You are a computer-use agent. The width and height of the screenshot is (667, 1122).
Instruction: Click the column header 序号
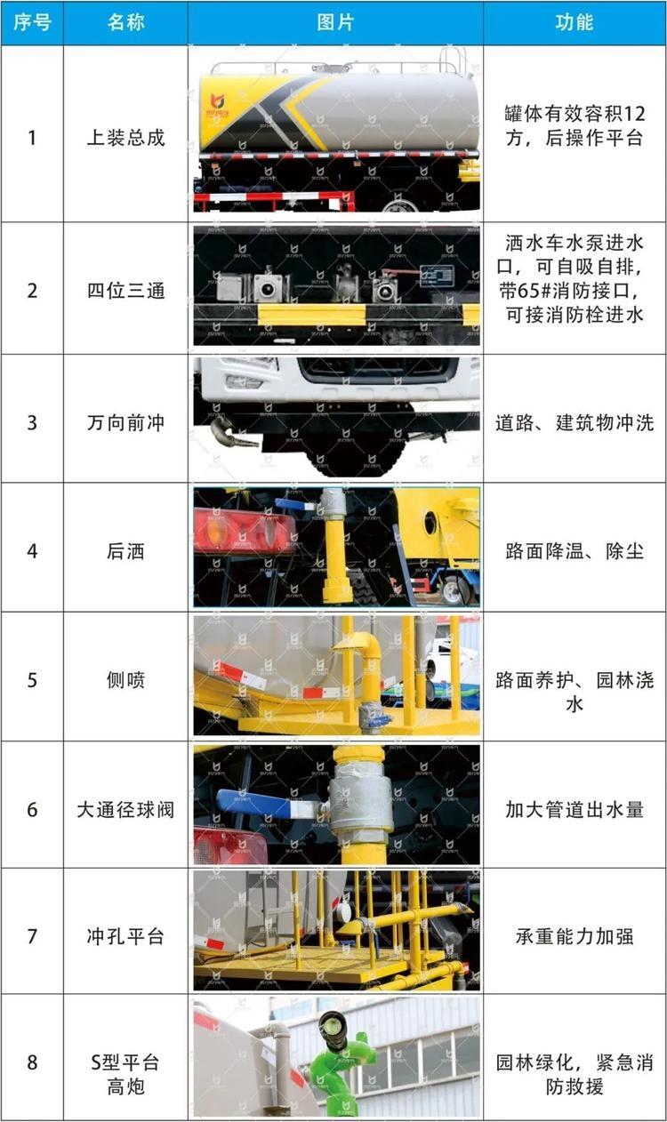tap(32, 22)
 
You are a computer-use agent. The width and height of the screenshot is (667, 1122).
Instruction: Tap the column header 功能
tap(575, 22)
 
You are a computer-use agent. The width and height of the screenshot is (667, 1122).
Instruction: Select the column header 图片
tap(336, 22)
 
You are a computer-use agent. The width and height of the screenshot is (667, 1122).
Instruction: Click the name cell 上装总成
tap(125, 138)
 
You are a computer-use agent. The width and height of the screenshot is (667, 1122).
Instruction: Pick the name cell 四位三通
tap(125, 291)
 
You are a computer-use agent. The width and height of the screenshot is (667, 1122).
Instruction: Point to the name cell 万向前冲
tap(125, 423)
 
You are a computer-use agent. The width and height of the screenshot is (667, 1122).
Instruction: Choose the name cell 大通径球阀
tap(125, 809)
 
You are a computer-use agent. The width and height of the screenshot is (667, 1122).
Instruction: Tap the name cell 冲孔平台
tap(125, 936)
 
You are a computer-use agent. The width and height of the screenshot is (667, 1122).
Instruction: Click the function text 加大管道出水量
tap(575, 809)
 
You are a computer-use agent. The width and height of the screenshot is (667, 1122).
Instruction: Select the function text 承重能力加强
tap(575, 936)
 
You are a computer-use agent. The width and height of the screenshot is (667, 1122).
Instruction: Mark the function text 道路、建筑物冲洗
tap(575, 423)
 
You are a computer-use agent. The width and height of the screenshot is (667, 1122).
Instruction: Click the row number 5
tap(32, 680)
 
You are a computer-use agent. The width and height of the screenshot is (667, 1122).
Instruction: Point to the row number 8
tap(32, 1062)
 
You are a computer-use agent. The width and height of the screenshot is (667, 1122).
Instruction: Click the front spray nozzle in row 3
tap(232, 433)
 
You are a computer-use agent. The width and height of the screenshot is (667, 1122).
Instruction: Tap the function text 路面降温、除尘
tap(575, 551)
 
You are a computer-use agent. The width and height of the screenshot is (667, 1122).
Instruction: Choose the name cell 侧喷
tap(125, 680)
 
